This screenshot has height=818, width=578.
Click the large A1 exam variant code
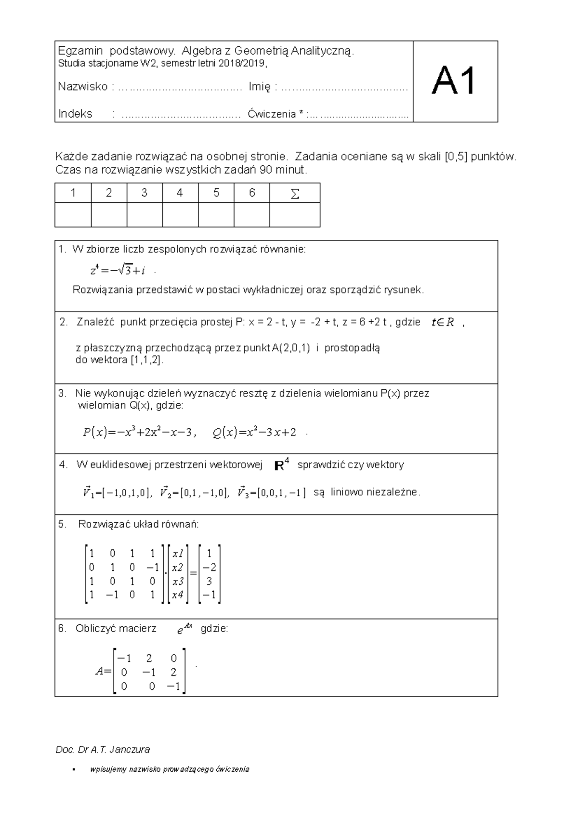454,81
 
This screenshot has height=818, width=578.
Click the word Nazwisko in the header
82,87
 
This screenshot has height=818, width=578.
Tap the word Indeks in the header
75,114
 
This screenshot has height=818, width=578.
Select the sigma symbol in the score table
295,193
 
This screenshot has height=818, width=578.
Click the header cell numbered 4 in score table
180,193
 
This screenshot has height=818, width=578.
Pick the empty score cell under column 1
73,215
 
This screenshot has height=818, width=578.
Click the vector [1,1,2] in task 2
147,360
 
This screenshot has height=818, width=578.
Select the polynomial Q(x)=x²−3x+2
254,433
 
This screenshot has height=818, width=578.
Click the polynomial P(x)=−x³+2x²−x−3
140,433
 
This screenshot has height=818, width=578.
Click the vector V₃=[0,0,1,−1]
272,492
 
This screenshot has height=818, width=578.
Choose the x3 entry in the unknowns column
178,581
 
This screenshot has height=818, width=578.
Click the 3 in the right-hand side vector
209,581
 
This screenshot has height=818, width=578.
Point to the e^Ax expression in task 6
184,629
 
